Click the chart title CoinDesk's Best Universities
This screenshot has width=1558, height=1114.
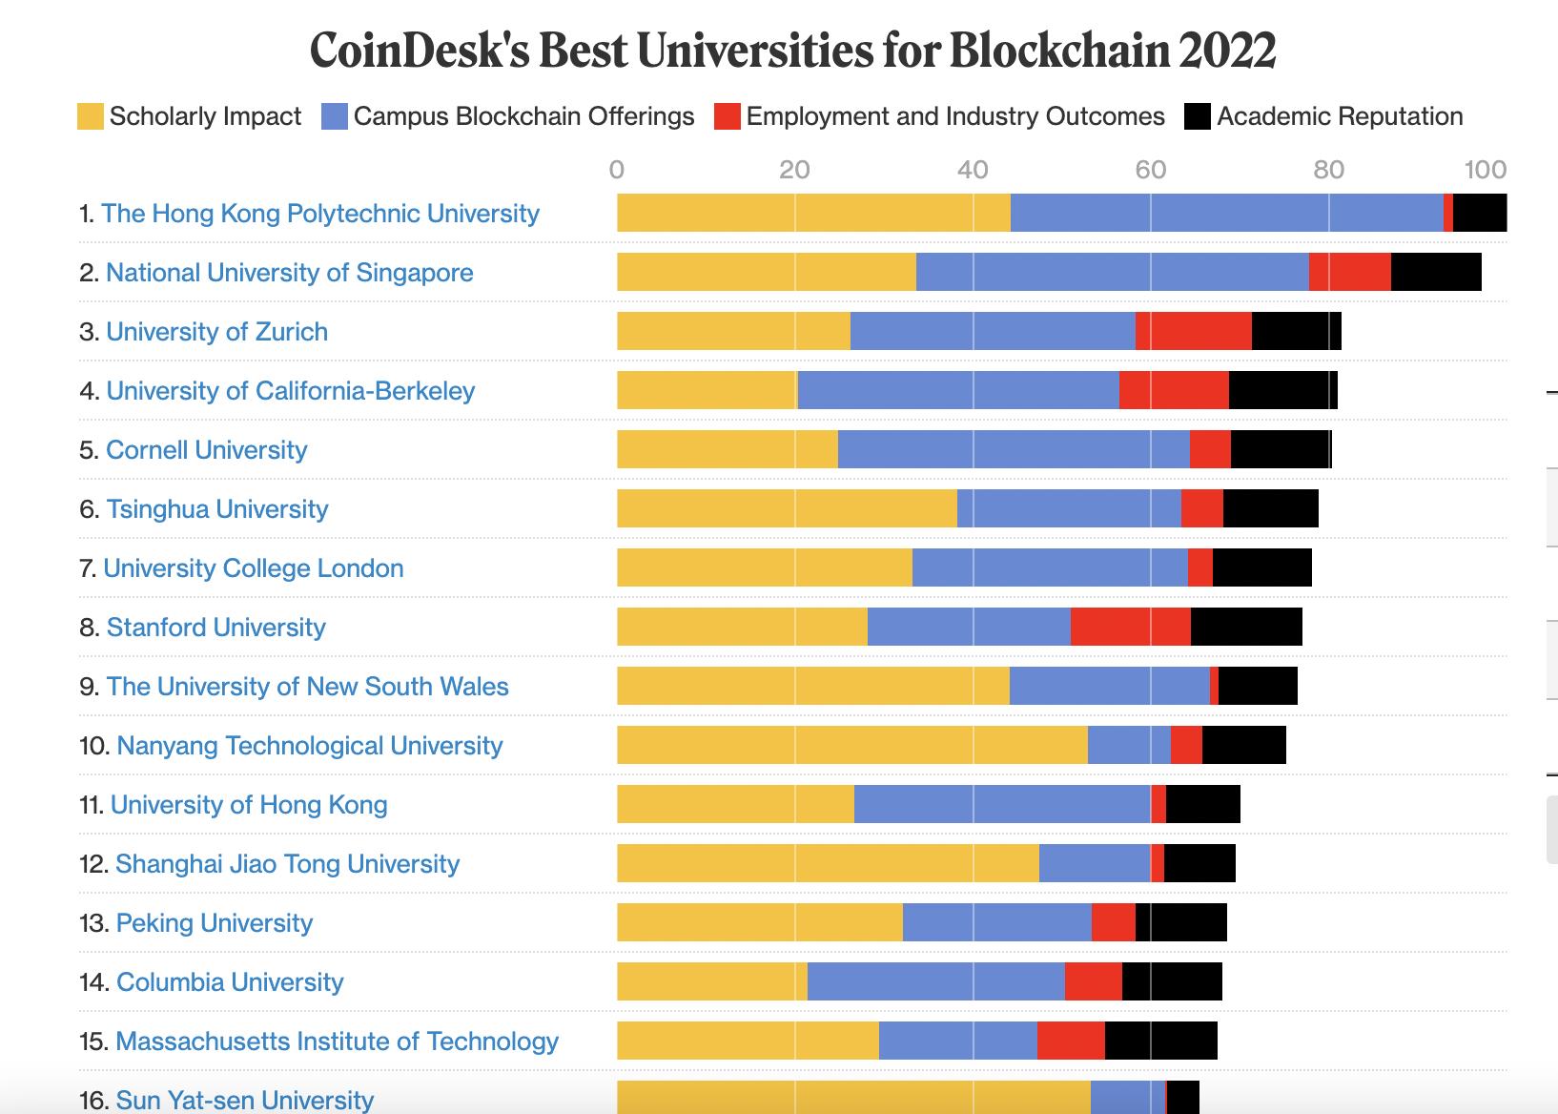[x=792, y=52]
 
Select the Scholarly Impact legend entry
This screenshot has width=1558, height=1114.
[x=190, y=116]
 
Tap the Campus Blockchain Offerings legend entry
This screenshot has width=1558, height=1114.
[x=508, y=116]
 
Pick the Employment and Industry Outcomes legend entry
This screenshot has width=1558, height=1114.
[x=939, y=116]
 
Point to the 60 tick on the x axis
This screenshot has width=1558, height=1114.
[x=1150, y=170]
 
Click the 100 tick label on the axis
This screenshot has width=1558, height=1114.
[x=1486, y=170]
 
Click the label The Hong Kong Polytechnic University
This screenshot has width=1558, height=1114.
[x=319, y=213]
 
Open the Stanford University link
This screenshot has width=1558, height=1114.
[x=215, y=627]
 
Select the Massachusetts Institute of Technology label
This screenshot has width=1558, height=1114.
[x=336, y=1041]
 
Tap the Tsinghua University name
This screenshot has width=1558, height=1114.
[x=216, y=508]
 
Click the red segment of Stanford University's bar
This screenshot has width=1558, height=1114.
[x=1130, y=627]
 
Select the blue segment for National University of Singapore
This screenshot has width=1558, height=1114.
[x=1112, y=272]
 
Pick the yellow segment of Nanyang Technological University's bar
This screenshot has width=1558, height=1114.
[x=851, y=745]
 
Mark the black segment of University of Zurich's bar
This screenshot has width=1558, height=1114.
[x=1296, y=331]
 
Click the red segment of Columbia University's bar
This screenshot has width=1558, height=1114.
[x=1093, y=981]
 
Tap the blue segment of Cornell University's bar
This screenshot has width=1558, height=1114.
[x=1014, y=449]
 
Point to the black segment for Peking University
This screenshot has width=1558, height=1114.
[x=1180, y=922]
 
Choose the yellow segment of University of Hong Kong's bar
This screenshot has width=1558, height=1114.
[x=735, y=804]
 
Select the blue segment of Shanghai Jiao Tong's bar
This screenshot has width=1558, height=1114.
[x=1094, y=863]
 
